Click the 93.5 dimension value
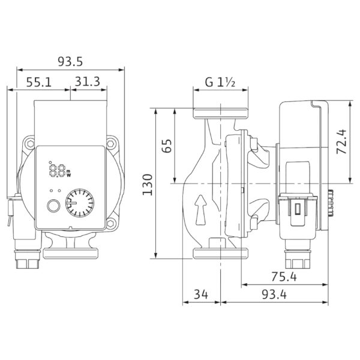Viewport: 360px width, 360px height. coord(70,62)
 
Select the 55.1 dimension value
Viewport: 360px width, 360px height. coord(39,82)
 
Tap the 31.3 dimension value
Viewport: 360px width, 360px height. coord(88,82)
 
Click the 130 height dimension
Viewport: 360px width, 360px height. coord(148,185)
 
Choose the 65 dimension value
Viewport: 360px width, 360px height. coord(167,146)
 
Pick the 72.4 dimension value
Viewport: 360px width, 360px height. coord(341,142)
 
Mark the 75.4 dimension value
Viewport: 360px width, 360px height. coord(284,277)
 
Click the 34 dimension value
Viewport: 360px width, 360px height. coord(201,295)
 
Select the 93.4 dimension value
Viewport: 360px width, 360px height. coord(274,295)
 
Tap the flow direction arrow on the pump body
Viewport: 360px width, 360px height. coord(200,209)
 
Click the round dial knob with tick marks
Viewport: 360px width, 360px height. coord(80,203)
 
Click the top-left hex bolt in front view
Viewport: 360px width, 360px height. coord(31,144)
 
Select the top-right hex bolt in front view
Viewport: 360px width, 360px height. coord(110,144)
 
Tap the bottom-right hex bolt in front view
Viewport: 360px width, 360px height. coord(110,223)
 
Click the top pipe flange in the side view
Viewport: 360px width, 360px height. coord(220,113)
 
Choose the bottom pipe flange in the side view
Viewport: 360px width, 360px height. coord(220,253)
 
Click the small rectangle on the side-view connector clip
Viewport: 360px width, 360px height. coord(298,209)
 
